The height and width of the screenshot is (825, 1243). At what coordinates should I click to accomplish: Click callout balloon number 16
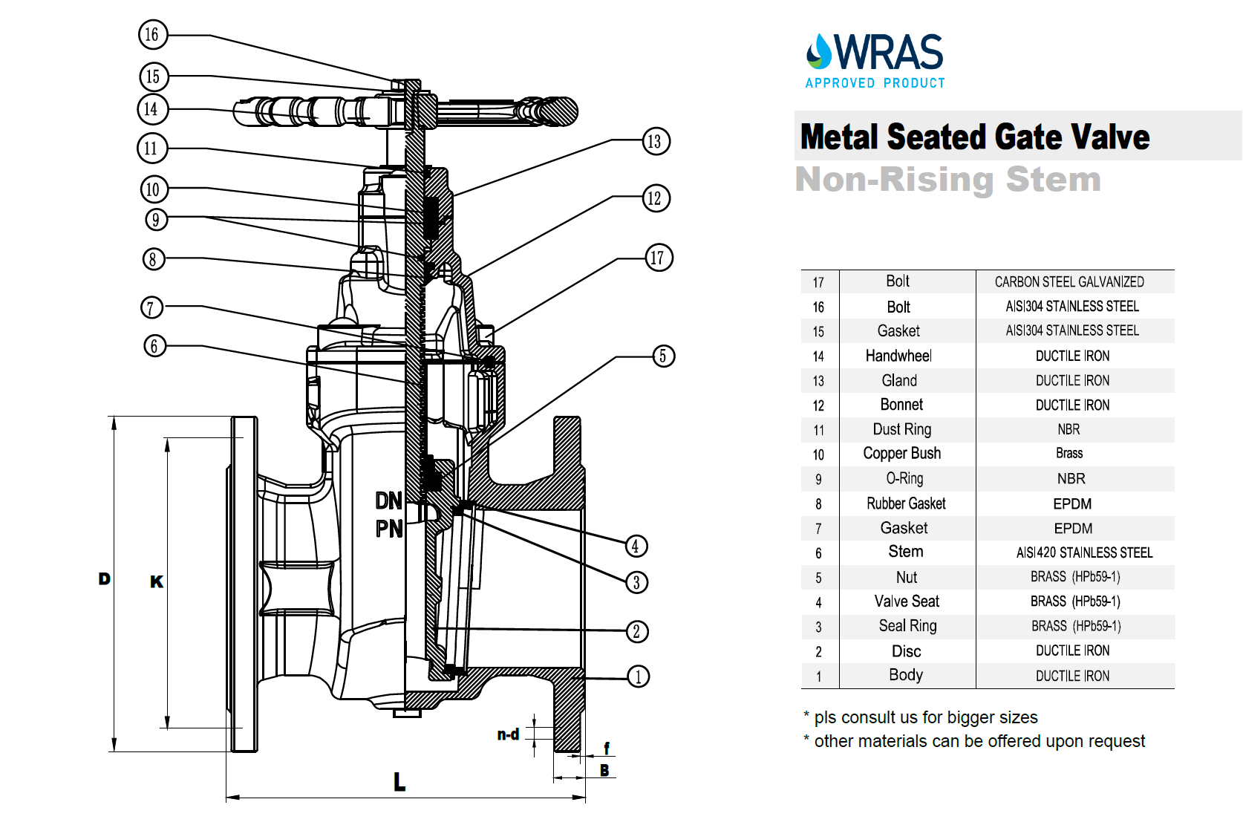click(x=153, y=34)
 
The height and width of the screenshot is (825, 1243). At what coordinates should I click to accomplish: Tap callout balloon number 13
click(x=655, y=141)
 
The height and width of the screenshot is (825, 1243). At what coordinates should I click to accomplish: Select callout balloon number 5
click(x=663, y=356)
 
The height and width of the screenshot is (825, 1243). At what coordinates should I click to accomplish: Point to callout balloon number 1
click(x=638, y=676)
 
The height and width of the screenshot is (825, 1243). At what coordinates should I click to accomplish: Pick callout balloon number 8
click(x=153, y=259)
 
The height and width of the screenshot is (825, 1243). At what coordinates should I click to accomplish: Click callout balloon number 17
click(x=658, y=258)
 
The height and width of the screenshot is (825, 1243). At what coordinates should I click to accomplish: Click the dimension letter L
click(x=399, y=781)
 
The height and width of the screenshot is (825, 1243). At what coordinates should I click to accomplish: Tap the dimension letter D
click(x=105, y=578)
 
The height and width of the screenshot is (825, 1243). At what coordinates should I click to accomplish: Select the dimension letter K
click(x=157, y=581)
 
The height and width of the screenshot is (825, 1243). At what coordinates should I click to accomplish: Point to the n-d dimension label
click(x=508, y=734)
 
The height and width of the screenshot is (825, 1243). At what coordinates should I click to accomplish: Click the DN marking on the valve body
click(x=388, y=501)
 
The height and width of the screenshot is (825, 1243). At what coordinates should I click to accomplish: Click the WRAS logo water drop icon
click(x=820, y=51)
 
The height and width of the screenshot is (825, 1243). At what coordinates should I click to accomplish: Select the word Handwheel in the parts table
click(x=898, y=356)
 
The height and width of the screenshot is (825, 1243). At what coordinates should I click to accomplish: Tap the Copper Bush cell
click(x=901, y=454)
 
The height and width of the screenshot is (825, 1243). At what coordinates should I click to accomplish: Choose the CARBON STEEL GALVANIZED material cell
click(x=1069, y=282)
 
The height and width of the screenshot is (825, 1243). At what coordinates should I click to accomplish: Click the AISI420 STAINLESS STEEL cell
click(x=1084, y=552)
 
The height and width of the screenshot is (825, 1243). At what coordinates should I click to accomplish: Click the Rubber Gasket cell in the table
click(x=906, y=503)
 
